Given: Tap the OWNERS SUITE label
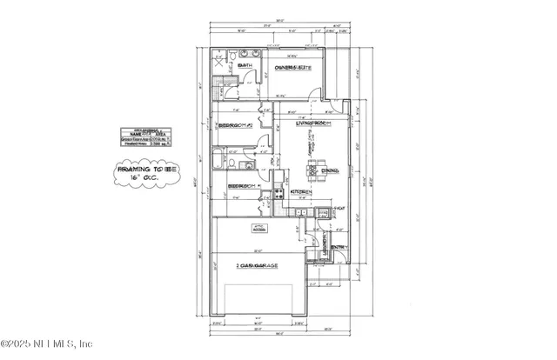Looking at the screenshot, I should click(293, 67).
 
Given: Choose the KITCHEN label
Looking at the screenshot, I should click(300, 190).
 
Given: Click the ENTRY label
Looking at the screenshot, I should click(339, 247).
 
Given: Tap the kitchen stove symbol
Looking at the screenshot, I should click(279, 193).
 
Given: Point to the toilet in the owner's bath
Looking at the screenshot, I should click(235, 57).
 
